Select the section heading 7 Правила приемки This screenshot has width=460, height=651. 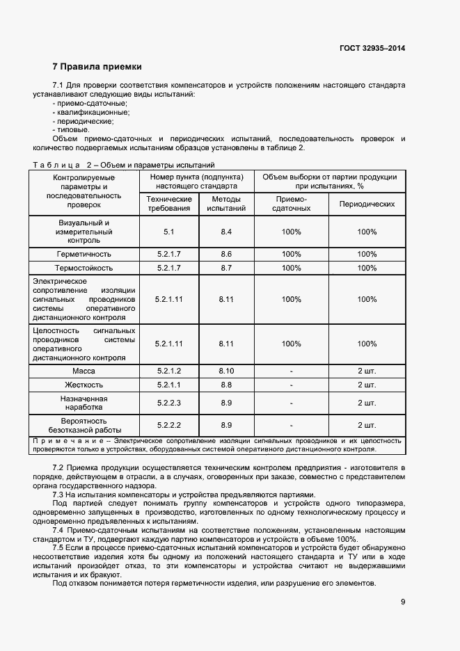coord(97,67)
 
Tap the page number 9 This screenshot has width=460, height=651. coord(403,601)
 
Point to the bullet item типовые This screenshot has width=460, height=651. coord(71,129)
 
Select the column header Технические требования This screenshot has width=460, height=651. coord(168,203)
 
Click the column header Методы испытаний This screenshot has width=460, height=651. coord(226,203)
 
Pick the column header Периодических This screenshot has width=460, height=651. coord(367,204)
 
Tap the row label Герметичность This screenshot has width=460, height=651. coord(84,254)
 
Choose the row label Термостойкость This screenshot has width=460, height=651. coord(84,268)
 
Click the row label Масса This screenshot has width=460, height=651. coord(84,371)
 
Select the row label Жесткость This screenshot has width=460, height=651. coord(84,385)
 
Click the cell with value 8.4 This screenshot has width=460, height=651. coord(226,231)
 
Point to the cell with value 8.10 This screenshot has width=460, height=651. coord(226,371)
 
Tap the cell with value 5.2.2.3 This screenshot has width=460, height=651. coord(168,403)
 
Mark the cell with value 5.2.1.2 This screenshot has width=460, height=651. coord(168,371)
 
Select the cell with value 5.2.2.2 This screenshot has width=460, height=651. coord(168,425)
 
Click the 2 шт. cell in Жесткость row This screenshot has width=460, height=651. coord(367,385)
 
